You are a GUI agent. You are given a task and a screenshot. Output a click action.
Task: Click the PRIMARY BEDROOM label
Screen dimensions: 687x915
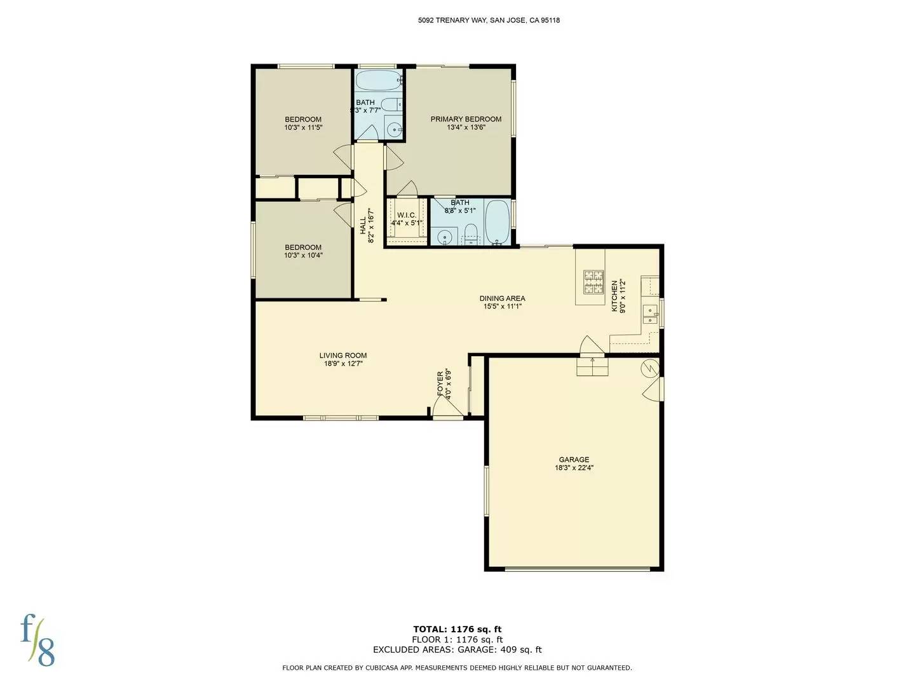coord(466,119)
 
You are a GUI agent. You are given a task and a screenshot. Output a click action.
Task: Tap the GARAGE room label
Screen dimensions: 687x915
coord(574,459)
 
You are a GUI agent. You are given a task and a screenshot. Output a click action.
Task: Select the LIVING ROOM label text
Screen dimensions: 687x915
coord(342,356)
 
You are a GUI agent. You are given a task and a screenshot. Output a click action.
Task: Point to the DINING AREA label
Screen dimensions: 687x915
coord(502,298)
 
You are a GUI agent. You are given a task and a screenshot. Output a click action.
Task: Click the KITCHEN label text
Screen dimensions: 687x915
coord(614,296)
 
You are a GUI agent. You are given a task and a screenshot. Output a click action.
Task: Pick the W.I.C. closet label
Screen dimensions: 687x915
coord(407,216)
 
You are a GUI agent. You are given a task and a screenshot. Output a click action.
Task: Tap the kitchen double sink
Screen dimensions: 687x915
coord(650,315)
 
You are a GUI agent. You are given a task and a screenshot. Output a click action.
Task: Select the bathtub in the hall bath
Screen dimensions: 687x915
coord(378,81)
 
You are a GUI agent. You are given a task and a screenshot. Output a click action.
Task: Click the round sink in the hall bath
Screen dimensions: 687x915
coord(395,130)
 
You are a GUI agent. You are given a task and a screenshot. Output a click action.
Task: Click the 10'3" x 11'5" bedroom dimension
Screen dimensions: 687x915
coord(303,127)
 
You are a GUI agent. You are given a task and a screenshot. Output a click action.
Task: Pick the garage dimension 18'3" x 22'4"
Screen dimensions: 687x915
coord(574,468)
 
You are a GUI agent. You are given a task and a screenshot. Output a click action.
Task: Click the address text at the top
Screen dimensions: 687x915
coord(489,20)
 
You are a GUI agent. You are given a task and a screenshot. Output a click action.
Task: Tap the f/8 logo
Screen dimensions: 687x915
coord(38,640)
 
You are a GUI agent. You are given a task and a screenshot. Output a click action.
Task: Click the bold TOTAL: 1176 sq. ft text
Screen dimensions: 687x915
coord(457,630)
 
